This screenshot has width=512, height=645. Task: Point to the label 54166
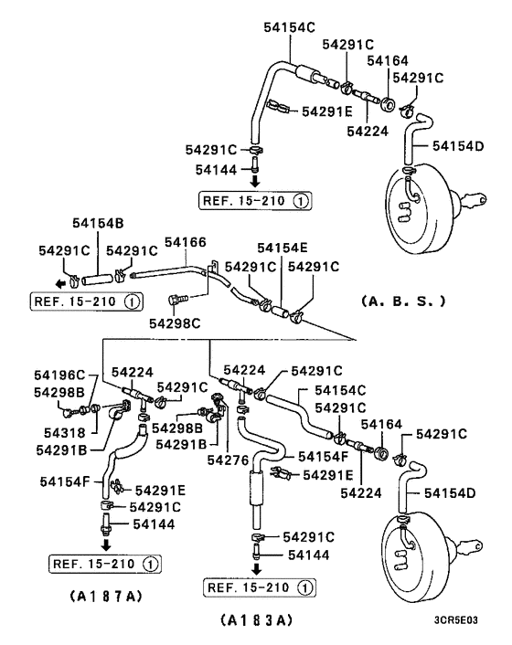pos(185,242)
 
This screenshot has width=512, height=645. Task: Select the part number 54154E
pos(282,248)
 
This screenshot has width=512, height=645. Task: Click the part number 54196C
pos(60,375)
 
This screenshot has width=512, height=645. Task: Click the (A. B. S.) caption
pos(402,299)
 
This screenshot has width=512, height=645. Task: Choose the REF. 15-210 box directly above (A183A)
pos(259,586)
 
